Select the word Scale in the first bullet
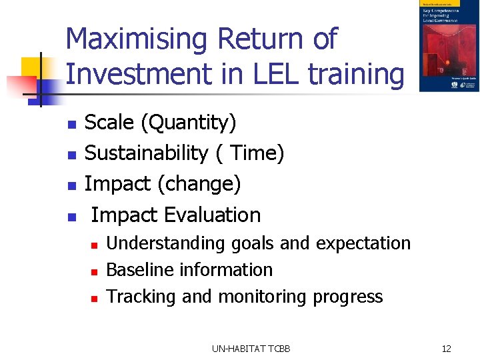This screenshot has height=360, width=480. coord(109,123)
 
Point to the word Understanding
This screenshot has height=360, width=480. coord(166,243)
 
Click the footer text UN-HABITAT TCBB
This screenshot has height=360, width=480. coord(251,348)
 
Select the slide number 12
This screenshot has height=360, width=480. coord(446,348)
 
